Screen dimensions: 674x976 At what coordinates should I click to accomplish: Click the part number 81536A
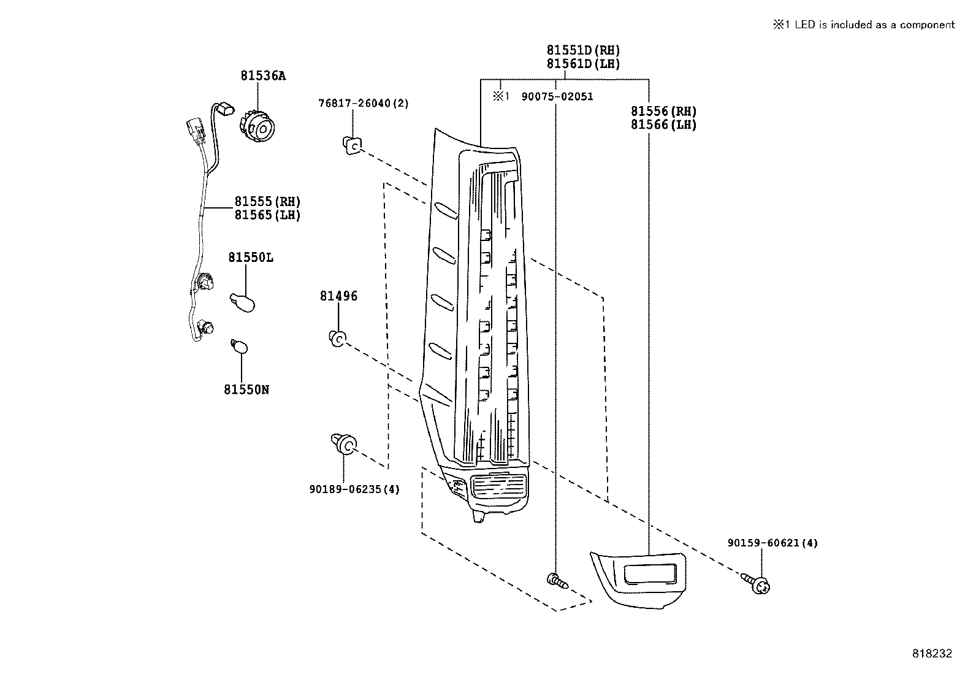(x=262, y=76)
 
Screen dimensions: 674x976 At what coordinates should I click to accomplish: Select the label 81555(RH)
(x=267, y=202)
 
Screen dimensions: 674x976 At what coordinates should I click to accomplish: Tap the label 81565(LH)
(x=267, y=215)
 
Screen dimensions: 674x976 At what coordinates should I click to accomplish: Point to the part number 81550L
(x=251, y=258)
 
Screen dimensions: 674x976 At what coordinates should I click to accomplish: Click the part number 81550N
(x=246, y=389)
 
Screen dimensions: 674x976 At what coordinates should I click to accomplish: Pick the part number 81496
(x=338, y=296)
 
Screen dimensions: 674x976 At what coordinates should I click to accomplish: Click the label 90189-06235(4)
(x=354, y=489)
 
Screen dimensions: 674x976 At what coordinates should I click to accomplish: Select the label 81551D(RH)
(x=583, y=50)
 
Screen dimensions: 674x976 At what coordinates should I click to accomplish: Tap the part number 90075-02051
(x=557, y=97)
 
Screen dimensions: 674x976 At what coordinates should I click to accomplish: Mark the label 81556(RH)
(x=664, y=112)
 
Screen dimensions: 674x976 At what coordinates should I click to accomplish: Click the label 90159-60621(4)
(x=772, y=543)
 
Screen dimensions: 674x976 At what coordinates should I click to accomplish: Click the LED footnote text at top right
(x=863, y=25)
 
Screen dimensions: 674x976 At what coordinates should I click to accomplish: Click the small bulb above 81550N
(x=240, y=347)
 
